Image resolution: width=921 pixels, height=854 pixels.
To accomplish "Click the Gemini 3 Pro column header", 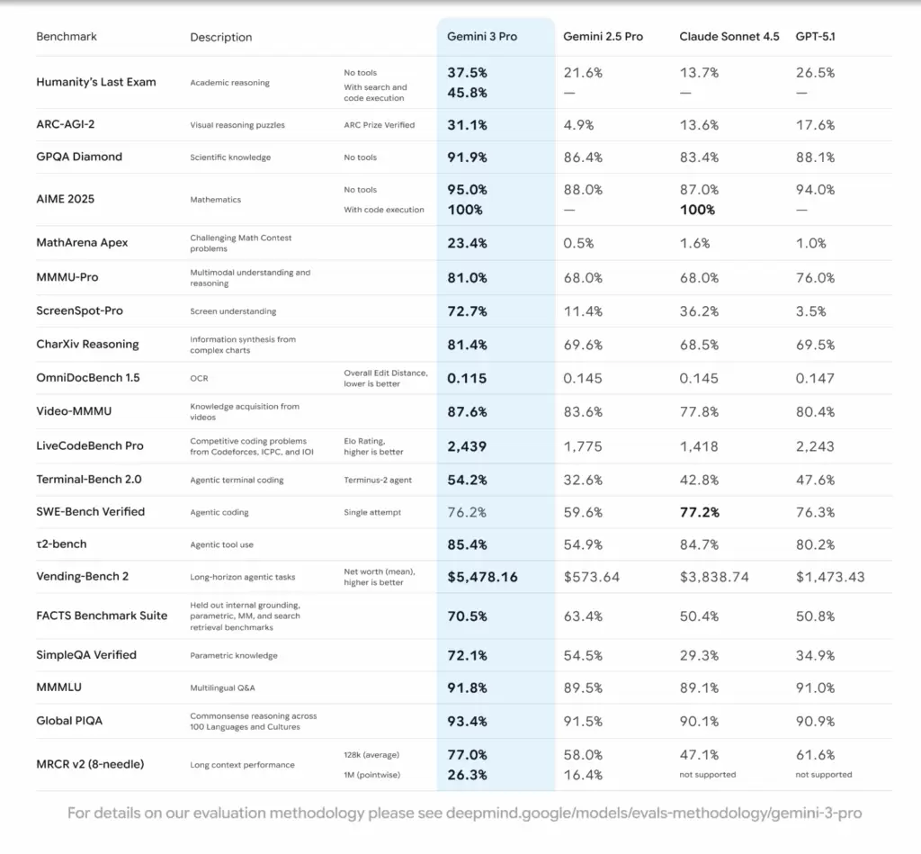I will (x=482, y=37).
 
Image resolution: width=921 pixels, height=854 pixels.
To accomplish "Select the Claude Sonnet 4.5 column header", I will (x=729, y=37).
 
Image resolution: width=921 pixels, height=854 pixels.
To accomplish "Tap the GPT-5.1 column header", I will (x=817, y=37).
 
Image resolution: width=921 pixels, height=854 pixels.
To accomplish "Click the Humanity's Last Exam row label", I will (x=96, y=82).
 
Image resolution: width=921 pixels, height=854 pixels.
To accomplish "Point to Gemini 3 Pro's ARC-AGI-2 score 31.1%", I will (x=468, y=125).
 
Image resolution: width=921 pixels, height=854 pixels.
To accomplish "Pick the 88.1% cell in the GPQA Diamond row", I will (x=815, y=157).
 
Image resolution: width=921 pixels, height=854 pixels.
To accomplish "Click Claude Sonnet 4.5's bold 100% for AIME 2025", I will (x=697, y=210).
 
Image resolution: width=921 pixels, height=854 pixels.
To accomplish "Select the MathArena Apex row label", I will (x=82, y=243).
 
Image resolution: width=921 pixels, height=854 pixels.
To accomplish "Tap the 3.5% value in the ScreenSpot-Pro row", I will (x=810, y=310).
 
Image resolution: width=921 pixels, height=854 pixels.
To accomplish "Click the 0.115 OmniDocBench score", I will (x=468, y=378).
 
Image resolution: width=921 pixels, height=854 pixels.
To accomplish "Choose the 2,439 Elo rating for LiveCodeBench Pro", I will (x=468, y=445).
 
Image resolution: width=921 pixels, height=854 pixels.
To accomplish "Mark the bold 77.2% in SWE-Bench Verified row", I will (x=699, y=511).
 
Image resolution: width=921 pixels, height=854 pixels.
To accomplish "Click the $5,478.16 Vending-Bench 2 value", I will (x=483, y=577).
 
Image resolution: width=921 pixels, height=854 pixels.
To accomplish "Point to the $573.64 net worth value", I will (x=592, y=577).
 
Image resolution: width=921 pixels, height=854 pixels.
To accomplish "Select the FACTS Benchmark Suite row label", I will (x=102, y=616).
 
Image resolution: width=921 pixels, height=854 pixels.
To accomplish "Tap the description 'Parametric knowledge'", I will (x=234, y=655).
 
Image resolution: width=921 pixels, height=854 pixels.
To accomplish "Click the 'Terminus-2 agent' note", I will (x=378, y=480).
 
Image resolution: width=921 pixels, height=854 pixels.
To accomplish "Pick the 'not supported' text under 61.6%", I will (x=824, y=774).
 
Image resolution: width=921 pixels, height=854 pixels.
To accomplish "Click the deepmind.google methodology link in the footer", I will (x=653, y=814).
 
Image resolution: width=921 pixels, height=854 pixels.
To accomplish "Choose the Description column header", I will (x=221, y=38).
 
